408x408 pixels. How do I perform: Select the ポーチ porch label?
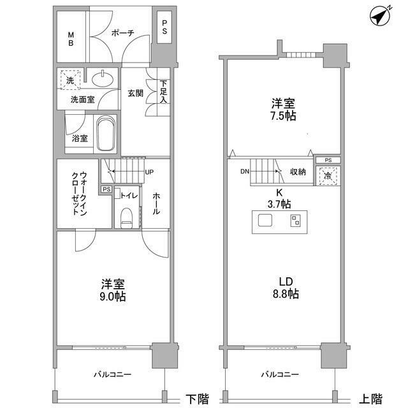coord(121,34)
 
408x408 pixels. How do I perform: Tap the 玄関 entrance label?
coord(135,93)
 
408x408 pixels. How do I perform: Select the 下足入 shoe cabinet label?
coord(164,92)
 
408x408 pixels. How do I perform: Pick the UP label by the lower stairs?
coord(149,172)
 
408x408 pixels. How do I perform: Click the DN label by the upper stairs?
coord(245,171)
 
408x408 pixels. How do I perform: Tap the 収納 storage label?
coord(298,171)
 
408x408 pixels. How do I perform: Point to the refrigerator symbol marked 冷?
coord(328,175)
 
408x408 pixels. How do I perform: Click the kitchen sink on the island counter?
coord(265,221)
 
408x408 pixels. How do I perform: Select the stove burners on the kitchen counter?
coord(296,221)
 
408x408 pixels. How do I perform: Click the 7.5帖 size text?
coord(282,117)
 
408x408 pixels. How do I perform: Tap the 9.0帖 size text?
coord(112,298)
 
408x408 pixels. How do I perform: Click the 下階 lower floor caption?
coord(197,398)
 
